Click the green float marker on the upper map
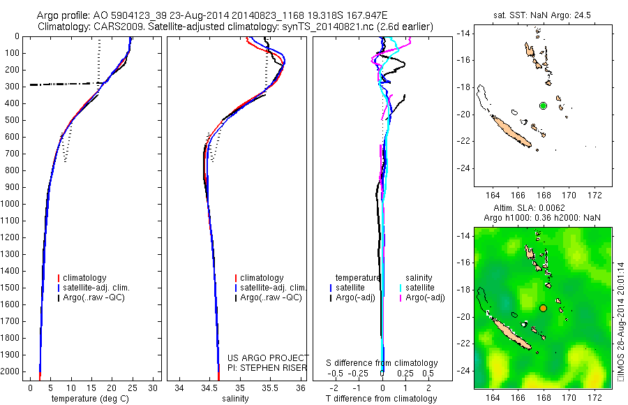pyautogui.click(x=543, y=105)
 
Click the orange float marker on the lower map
pyautogui.click(x=543, y=308)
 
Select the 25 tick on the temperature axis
pyautogui.click(x=133, y=388)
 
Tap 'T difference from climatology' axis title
pyautogui.click(x=381, y=399)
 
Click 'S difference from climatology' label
pyautogui.click(x=382, y=363)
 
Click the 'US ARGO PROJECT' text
pyautogui.click(x=267, y=358)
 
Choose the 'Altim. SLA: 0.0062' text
pyautogui.click(x=536, y=208)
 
